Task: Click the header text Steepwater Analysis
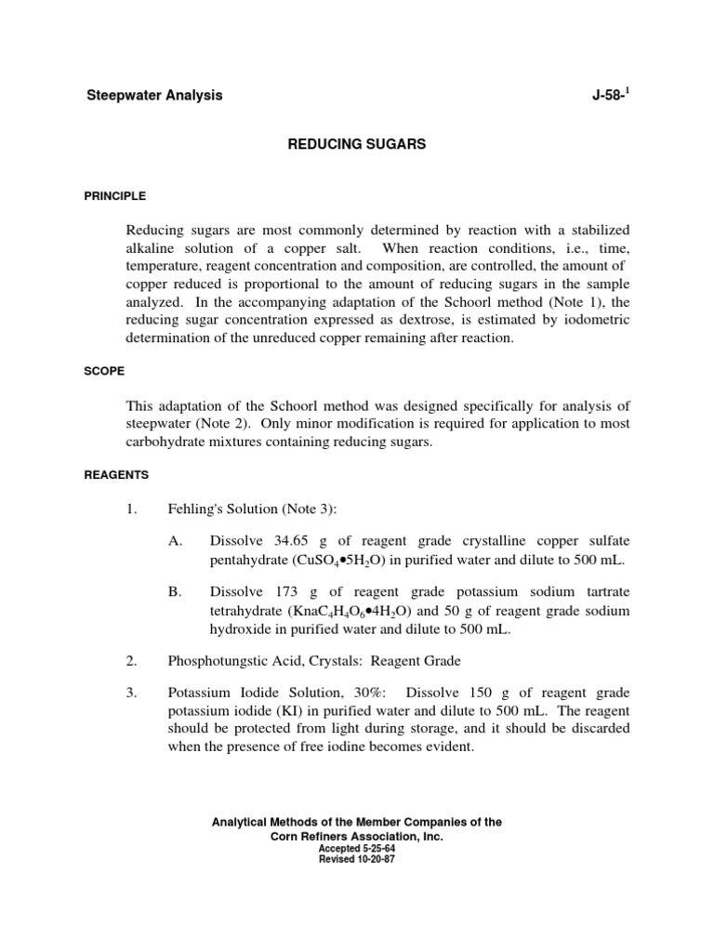[x=154, y=96]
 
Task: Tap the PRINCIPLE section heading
[x=115, y=196]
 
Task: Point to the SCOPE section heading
[x=103, y=369]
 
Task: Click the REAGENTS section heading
[x=116, y=474]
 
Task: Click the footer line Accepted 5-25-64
[x=357, y=850]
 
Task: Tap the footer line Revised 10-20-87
[x=357, y=860]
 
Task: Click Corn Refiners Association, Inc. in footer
[x=357, y=837]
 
